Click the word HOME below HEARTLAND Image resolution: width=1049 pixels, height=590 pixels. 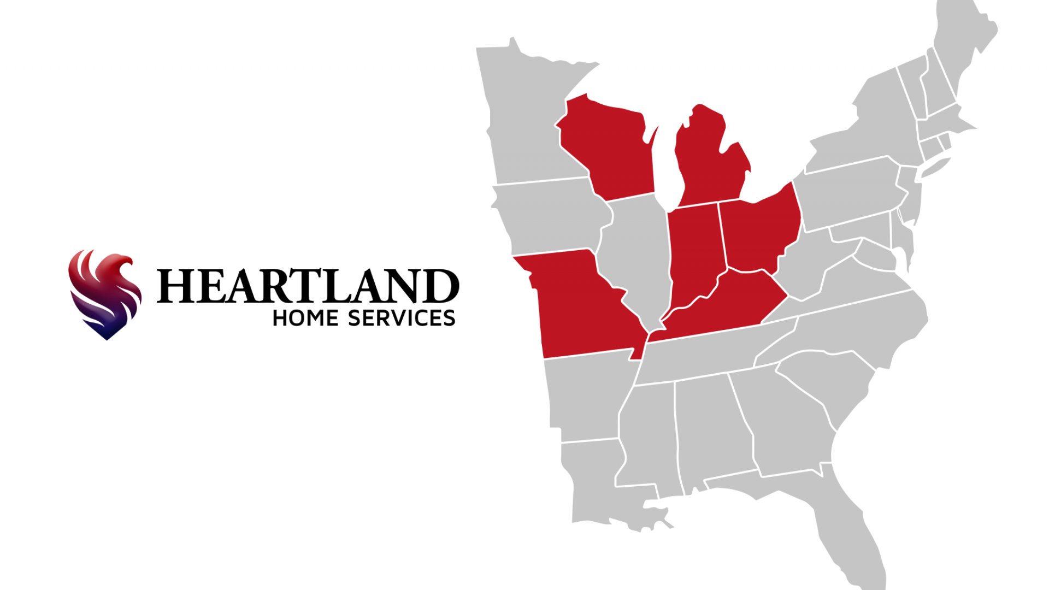tap(305, 318)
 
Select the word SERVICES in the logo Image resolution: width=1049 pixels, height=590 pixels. tap(402, 318)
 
